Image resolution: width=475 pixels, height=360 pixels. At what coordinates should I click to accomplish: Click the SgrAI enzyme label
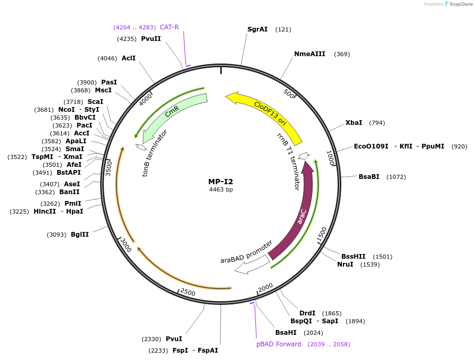point(257,29)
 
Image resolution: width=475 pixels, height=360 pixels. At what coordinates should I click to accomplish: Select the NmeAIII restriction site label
point(309,54)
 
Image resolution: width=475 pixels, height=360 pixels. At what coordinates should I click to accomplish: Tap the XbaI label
point(353,123)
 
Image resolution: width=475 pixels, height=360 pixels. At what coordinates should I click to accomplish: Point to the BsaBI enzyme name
point(369,177)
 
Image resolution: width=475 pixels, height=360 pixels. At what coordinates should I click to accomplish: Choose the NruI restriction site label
point(345,264)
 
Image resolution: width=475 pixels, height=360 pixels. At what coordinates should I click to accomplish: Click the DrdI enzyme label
point(307,313)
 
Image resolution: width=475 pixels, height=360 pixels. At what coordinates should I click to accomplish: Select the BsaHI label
point(286,333)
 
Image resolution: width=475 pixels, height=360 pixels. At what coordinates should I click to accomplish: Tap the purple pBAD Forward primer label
point(278,344)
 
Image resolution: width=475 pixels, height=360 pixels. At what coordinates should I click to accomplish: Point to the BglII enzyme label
point(80,235)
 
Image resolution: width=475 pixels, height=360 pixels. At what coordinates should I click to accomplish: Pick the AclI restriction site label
point(128,58)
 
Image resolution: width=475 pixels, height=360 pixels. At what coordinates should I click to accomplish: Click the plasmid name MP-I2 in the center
point(221,182)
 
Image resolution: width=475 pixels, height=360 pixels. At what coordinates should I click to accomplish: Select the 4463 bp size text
point(221,189)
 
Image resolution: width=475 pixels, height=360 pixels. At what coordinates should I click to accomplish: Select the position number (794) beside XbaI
point(377,123)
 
